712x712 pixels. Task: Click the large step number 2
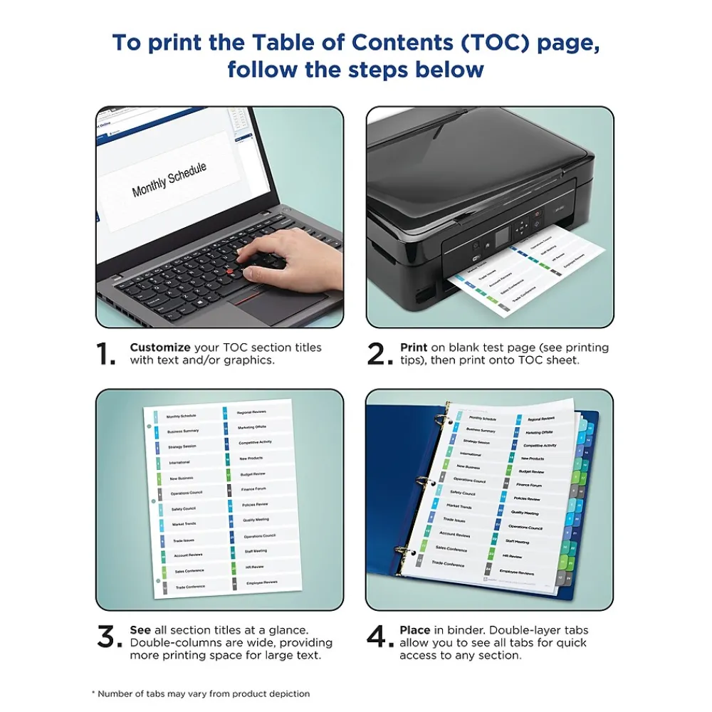coord(379,354)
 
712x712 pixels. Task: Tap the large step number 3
coord(109,637)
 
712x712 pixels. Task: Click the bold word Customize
coord(159,347)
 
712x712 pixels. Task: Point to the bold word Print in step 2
coord(414,347)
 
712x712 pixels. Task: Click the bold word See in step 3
coord(140,630)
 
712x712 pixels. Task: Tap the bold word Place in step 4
coord(414,630)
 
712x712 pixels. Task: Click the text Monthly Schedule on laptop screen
coord(169,179)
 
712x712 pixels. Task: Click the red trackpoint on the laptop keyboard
coord(232,273)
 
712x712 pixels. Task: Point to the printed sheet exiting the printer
coord(527,271)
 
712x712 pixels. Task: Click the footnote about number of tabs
coord(201,693)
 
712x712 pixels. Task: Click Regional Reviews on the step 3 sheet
coord(251,412)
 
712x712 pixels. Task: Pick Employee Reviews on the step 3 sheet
coord(261,582)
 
